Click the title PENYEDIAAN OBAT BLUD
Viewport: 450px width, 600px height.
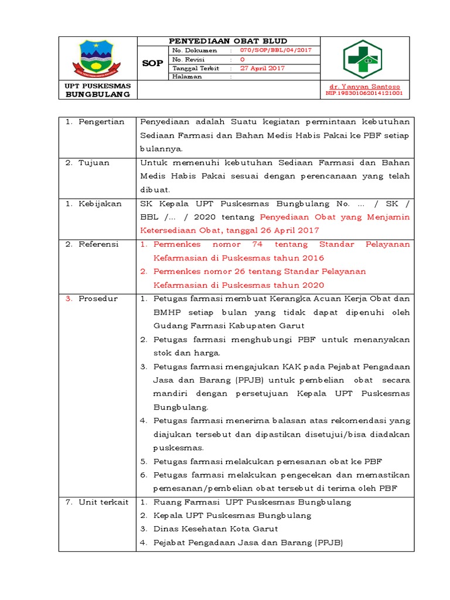(228, 41)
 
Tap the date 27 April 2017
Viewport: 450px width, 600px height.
(262, 68)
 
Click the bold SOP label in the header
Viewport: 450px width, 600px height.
(152, 63)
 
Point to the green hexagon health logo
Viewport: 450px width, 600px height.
(364, 59)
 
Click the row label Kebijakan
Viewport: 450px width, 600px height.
(100, 203)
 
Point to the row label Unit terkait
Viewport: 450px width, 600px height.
(103, 502)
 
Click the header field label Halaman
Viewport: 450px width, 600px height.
(187, 77)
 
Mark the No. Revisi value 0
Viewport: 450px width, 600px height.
(243, 59)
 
